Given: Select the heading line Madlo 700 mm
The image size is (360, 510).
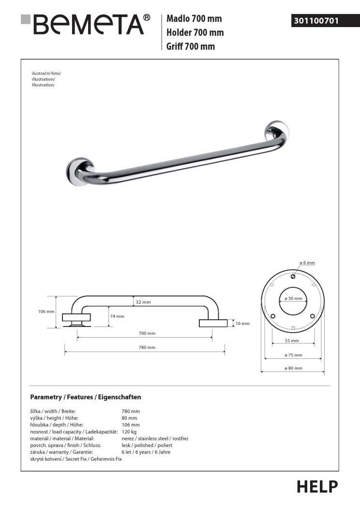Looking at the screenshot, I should coord(194,19).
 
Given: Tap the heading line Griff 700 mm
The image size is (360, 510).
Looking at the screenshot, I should coord(191,46).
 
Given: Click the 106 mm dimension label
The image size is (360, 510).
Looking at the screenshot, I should coord(46,311).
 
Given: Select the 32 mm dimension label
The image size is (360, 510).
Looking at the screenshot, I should coord(143,302).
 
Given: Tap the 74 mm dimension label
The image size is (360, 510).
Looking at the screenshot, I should coord(117,316).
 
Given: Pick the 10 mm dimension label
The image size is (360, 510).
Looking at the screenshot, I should coord(242,323).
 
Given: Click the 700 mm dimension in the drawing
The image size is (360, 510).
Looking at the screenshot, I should coord(148,334).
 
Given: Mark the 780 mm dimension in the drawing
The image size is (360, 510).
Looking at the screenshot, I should coord(148,347).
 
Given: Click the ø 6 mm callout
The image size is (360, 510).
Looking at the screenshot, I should coord(307,263).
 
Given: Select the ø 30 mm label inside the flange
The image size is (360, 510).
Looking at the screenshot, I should coord(293,298).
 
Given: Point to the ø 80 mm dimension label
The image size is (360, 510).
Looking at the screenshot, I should coord(294,368).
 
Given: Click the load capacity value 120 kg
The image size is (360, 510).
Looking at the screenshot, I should coord(129,431).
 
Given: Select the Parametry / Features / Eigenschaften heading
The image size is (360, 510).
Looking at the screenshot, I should coord(86,397).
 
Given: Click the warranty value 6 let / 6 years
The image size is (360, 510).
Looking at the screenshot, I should coord(146,452).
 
